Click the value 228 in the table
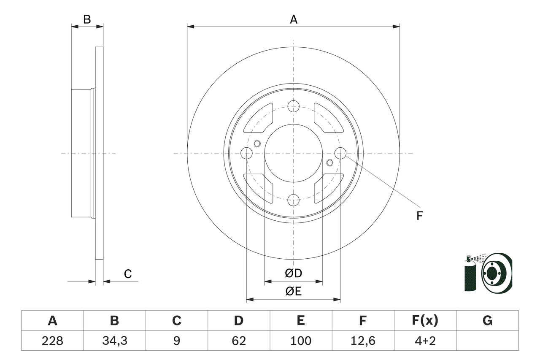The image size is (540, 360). tap(52, 341)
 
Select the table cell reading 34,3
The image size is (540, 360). tap(114, 341)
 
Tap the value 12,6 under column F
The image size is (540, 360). tap(363, 341)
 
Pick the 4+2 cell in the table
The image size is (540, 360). tap(425, 341)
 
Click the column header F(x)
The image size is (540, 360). tap(425, 321)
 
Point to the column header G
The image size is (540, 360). tap(487, 321)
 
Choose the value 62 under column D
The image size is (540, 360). tap(239, 341)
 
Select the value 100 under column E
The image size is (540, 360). tap(301, 341)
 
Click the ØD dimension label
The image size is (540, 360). tap(294, 273)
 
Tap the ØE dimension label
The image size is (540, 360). tap(294, 292)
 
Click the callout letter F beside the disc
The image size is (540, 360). tap(419, 216)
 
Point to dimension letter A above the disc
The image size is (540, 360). tap(294, 19)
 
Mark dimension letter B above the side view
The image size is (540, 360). tap(87, 19)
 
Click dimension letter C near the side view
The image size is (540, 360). tap(128, 274)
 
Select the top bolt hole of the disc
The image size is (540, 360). tap(293, 106)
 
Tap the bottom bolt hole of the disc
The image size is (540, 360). tap(293, 200)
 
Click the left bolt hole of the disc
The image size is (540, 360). tap(246, 153)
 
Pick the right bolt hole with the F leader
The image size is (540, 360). tap(340, 153)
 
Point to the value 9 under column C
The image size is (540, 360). tap(176, 341)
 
